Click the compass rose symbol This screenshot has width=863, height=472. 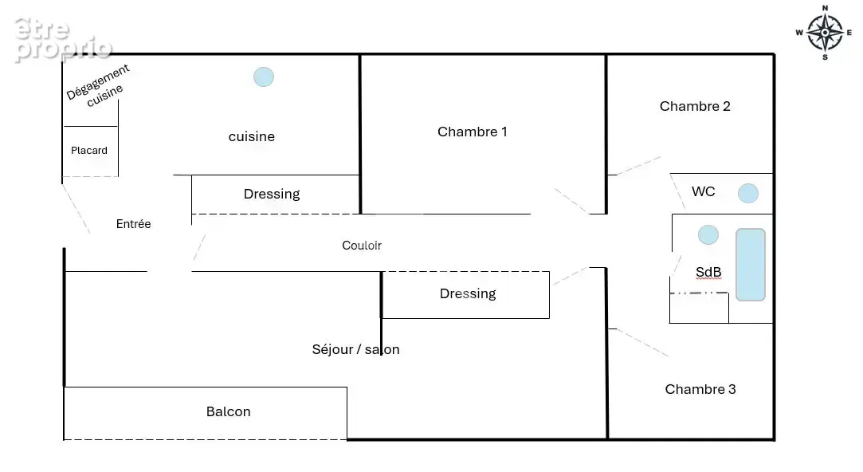(x=825, y=33)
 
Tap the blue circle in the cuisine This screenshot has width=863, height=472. (x=264, y=77)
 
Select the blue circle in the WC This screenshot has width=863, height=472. (x=748, y=193)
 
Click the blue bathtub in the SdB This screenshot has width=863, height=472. (x=751, y=265)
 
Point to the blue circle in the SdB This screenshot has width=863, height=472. (x=708, y=235)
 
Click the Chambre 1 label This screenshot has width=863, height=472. (x=473, y=132)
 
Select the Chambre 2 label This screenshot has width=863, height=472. (x=695, y=106)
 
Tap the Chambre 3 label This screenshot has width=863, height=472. (x=700, y=389)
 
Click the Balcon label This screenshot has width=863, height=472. (x=229, y=411)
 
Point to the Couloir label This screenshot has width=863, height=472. (x=362, y=246)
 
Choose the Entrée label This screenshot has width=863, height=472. (x=133, y=223)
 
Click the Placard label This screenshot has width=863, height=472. (x=89, y=151)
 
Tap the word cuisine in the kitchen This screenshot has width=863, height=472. (x=252, y=136)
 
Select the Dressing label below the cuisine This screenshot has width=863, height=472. (x=272, y=195)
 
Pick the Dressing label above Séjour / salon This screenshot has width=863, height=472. (x=468, y=294)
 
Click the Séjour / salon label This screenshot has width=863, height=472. (x=355, y=350)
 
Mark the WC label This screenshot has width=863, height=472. (x=704, y=191)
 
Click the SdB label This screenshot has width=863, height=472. (x=708, y=272)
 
